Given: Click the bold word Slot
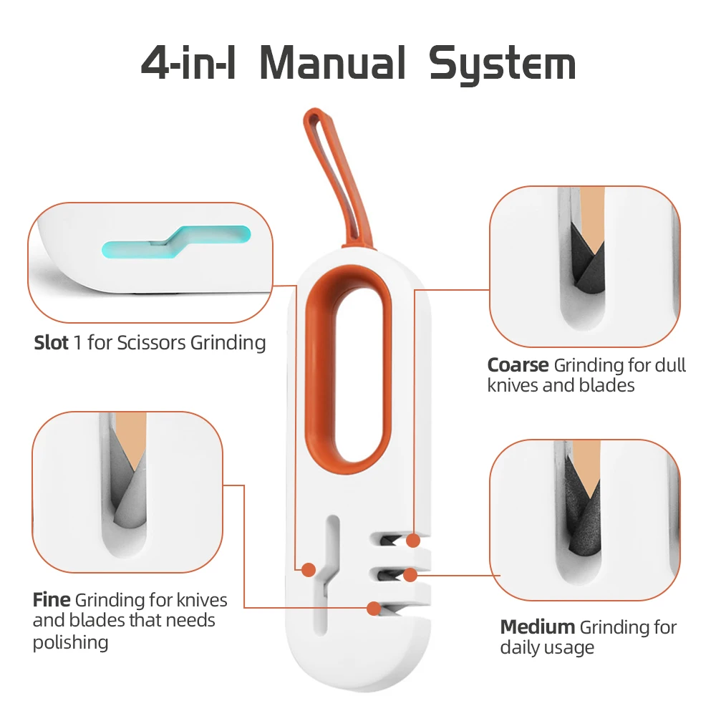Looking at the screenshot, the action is [52, 343].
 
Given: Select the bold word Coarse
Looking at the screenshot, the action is [518, 365].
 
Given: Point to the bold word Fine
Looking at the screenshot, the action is [51, 599].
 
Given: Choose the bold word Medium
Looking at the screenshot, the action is [537, 627].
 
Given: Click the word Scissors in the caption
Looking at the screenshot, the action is [151, 343].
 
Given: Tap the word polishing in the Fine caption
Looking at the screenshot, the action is [70, 642].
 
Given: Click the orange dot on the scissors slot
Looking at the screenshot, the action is [309, 570].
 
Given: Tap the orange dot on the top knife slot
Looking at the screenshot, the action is [412, 540].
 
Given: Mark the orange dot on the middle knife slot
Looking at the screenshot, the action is [410, 574].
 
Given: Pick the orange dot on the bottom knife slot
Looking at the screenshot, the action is [373, 609].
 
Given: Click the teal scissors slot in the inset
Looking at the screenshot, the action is [175, 241].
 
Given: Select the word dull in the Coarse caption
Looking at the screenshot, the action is [670, 365].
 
